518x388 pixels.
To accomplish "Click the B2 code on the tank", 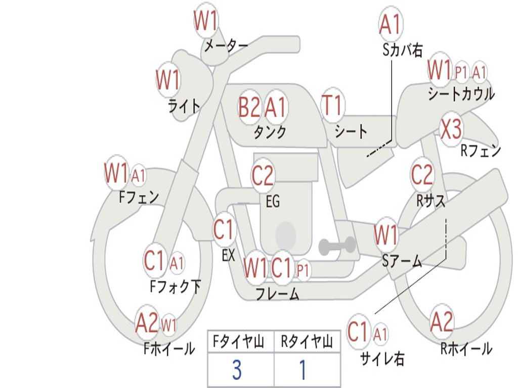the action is tap(249, 107).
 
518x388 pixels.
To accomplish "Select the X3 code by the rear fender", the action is tap(451, 129).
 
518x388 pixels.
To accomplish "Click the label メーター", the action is tap(226, 46).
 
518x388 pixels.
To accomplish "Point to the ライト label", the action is tap(184, 106).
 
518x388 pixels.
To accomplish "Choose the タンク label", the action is tap(270, 132).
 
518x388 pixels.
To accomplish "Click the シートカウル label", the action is tap(461, 93).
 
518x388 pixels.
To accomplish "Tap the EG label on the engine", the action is tap(273, 201).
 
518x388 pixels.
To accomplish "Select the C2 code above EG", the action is tap(263, 175).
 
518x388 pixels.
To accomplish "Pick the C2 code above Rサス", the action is tap(421, 174).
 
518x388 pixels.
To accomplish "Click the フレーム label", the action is tap(278, 294).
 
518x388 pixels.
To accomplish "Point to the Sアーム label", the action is tap(402, 261).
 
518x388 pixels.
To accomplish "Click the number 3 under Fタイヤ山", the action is tap(237, 370).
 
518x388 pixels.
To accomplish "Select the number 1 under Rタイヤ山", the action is tap(303, 370).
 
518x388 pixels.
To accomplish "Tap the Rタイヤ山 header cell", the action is tap(307, 342).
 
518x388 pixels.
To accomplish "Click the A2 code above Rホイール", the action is tap(441, 322).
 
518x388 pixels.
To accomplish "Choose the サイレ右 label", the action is tap(382, 358).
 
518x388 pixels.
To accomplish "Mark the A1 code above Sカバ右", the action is tap(390, 24).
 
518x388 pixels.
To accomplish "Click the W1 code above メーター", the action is tap(205, 20).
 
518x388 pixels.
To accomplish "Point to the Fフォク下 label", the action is tap(175, 286).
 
